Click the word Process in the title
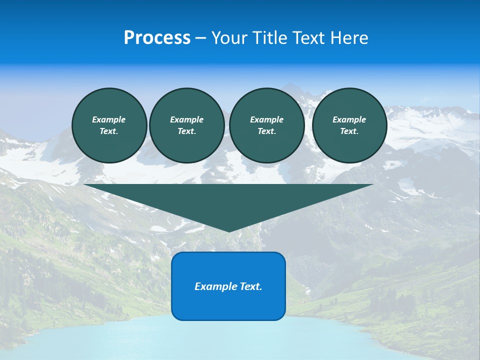coord(157,38)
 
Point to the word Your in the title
coord(229,38)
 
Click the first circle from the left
coord(109,125)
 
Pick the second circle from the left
coord(186,125)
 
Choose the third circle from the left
coord(266,125)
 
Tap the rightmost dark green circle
coord(349,125)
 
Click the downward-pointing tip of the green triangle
coord(229,230)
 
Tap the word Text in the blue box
coord(251,286)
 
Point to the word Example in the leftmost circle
coord(109,119)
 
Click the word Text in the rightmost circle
coord(349,131)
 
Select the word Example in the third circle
coord(266,119)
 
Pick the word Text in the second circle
coord(186,131)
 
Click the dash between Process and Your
coord(201,38)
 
